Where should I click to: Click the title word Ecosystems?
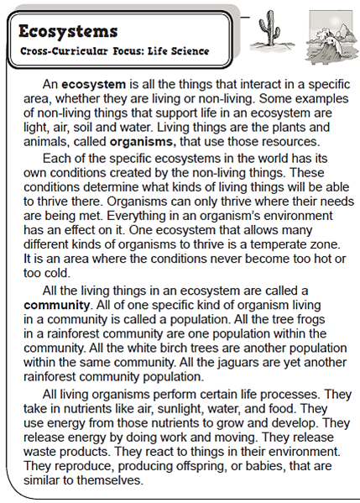68,32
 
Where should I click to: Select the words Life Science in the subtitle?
178,51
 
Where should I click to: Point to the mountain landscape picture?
327,36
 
